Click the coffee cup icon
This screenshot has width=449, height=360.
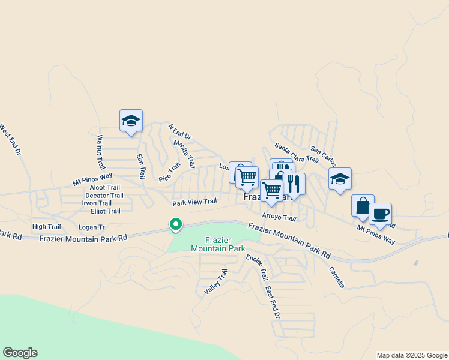point(380,214)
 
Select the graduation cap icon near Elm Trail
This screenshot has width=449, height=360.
point(131,120)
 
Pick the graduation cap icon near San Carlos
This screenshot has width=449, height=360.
point(340,178)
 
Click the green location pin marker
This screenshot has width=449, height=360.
point(176,224)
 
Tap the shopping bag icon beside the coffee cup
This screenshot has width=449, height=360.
point(363,206)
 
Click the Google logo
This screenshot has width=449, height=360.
point(20,353)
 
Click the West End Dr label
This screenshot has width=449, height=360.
point(10,140)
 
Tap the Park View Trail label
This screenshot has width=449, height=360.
point(194,202)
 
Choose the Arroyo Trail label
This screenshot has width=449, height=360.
point(279,218)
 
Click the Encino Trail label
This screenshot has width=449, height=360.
point(256,267)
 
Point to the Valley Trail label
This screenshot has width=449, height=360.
point(216,281)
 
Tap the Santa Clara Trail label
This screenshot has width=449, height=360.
point(296,152)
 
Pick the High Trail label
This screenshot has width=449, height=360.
point(47,226)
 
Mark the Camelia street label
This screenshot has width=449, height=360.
point(336,278)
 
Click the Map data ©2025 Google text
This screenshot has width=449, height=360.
point(412,355)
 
